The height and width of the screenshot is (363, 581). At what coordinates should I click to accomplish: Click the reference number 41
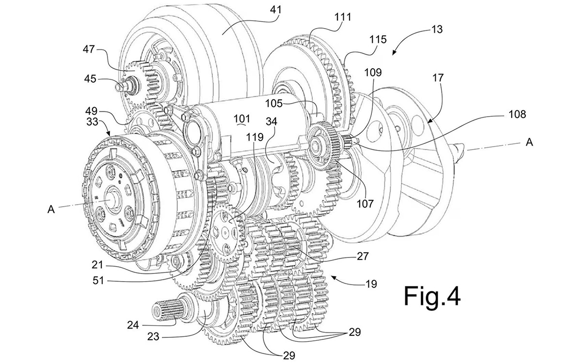pyautogui.click(x=275, y=10)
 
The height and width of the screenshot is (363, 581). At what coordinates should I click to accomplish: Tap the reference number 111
pyautogui.click(x=343, y=17)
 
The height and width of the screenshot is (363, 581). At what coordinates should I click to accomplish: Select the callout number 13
pyautogui.click(x=437, y=30)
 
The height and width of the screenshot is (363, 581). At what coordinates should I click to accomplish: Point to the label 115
pyautogui.click(x=378, y=39)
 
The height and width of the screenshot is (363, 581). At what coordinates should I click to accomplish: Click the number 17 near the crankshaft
pyautogui.click(x=438, y=77)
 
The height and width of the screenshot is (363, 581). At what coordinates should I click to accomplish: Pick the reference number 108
pyautogui.click(x=518, y=114)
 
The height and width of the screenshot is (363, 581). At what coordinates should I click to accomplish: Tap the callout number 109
pyautogui.click(x=373, y=72)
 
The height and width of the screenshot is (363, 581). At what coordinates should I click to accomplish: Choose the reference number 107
pyautogui.click(x=365, y=204)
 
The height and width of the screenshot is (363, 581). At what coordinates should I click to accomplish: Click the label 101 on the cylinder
pyautogui.click(x=242, y=119)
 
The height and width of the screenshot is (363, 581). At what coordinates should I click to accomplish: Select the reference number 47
pyautogui.click(x=89, y=49)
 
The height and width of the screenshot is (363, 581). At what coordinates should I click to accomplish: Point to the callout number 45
pyautogui.click(x=90, y=79)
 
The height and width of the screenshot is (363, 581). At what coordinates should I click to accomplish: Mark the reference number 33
pyautogui.click(x=92, y=121)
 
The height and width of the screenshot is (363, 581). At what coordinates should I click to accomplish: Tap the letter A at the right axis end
pyautogui.click(x=529, y=142)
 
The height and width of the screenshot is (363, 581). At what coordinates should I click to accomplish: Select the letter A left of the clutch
pyautogui.click(x=51, y=209)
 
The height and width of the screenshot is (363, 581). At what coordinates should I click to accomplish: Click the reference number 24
pyautogui.click(x=133, y=325)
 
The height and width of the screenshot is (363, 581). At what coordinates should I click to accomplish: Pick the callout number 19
pyautogui.click(x=371, y=284)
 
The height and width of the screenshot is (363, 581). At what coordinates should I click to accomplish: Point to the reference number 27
pyautogui.click(x=363, y=256)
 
